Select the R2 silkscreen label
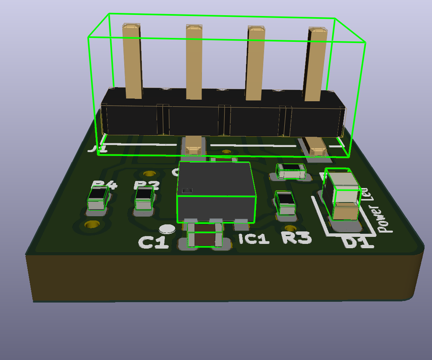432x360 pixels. pyautogui.click(x=147, y=184)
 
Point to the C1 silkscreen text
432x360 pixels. pyautogui.click(x=154, y=242)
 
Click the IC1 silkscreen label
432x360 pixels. pyautogui.click(x=254, y=239)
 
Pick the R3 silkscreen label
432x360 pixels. pyautogui.click(x=297, y=238)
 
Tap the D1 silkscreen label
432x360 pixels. pyautogui.click(x=358, y=243)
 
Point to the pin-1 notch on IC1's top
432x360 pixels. pyautogui.click(x=187, y=190)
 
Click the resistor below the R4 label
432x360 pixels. pyautogui.click(x=98, y=199)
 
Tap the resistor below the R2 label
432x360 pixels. pyautogui.click(x=144, y=198)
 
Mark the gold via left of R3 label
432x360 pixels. pyautogui.click(x=290, y=228)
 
